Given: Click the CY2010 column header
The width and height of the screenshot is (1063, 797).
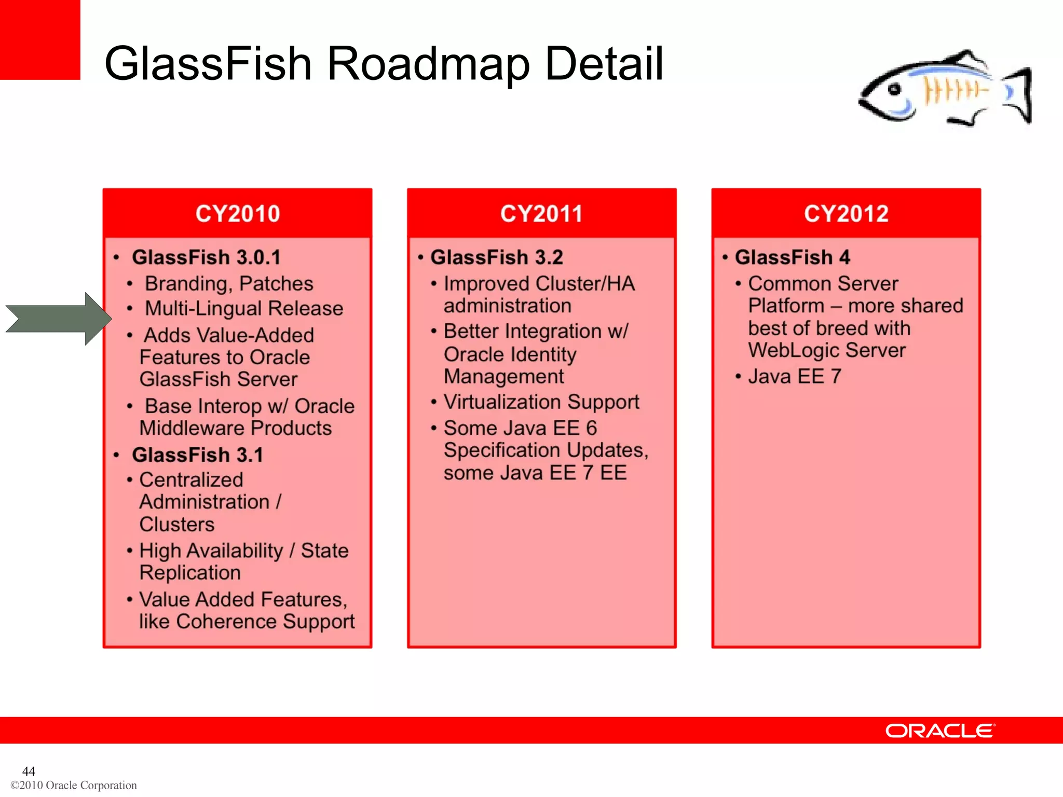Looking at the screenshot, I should tap(238, 214).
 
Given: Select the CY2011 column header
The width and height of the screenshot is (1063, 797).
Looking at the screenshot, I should tap(541, 214).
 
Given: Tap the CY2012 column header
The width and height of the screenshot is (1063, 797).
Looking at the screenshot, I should tap(846, 214).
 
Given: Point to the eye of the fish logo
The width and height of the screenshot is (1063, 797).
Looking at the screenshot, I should tap(894, 89).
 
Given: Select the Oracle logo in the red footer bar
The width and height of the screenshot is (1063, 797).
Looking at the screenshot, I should tap(940, 731).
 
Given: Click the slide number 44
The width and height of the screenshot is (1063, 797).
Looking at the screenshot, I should tap(29, 771).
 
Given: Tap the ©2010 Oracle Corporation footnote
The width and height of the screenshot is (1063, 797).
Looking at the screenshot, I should tap(74, 785).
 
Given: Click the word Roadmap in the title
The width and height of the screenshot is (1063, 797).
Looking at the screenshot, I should tap(428, 63).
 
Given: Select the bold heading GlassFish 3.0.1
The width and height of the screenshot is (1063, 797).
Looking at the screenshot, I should tap(207, 257).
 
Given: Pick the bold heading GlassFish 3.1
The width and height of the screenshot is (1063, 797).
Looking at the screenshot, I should tap(198, 455).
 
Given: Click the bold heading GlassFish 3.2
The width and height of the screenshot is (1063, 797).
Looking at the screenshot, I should tap(497, 257).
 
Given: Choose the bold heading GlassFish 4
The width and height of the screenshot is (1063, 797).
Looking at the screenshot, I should tap(793, 257).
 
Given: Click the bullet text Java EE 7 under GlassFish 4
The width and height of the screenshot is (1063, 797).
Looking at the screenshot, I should tap(795, 377).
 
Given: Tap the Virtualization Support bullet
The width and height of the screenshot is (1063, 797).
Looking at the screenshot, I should tap(541, 402).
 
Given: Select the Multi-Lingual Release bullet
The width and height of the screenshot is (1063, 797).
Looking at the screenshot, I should tap(244, 309).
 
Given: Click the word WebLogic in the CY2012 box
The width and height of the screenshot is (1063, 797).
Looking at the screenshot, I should tap(793, 351).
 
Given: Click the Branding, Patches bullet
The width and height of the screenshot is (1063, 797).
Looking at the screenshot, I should tap(229, 284).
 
